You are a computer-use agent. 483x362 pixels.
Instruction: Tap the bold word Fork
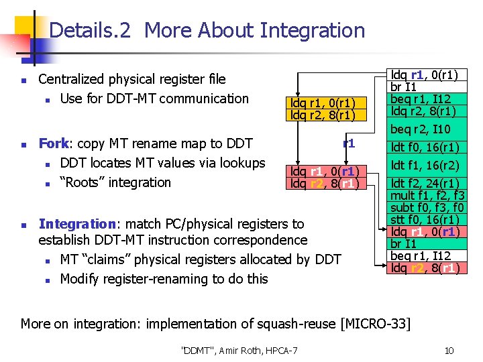pos(54,143)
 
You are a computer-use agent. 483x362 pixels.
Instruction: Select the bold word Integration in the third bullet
pos(78,224)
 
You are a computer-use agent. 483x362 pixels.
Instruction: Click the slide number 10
pos(449,351)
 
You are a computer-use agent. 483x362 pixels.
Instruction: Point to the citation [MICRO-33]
pos(376,324)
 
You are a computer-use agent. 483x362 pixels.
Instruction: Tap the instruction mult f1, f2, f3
pos(427,196)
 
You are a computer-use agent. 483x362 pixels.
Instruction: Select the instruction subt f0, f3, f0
pos(427,208)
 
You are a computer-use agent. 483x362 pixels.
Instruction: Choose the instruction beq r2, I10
pos(421,129)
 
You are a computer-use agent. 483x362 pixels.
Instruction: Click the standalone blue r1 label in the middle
pos(349,143)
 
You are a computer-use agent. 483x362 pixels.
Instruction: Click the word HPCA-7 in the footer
pos(282,351)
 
